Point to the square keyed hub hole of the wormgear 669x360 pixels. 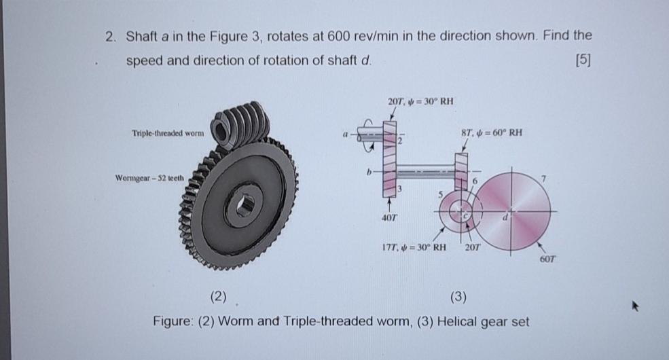pos(245,203)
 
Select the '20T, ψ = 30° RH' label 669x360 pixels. pos(420,102)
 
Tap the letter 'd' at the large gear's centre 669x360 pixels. pos(504,218)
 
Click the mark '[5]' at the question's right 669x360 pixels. pos(583,60)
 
